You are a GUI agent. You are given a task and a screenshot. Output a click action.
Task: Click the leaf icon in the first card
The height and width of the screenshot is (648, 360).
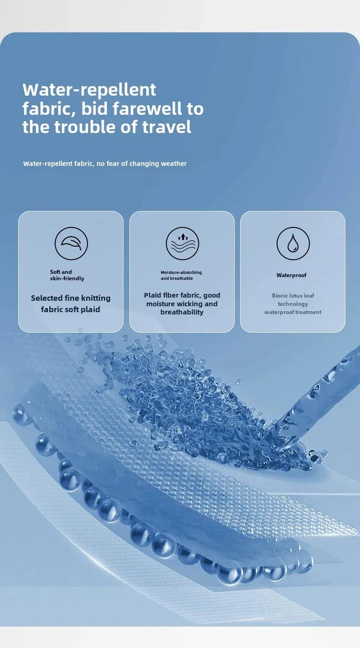tap(71, 243)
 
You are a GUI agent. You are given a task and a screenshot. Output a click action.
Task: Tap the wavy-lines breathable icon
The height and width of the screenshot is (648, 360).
tap(182, 243)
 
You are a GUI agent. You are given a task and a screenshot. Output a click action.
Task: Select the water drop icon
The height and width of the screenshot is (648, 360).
tap(293, 243)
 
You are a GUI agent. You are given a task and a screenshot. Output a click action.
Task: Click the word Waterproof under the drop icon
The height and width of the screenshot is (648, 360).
tap(291, 275)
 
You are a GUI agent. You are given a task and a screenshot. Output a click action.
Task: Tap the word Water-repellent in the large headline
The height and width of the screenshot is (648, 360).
tap(89, 90)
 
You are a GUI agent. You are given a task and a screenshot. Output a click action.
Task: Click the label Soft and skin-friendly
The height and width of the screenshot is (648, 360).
tap(67, 275)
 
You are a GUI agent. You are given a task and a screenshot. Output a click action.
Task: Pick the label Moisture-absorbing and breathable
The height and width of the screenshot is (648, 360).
tap(181, 275)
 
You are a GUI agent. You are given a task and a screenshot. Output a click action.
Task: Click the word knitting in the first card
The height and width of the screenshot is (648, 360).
tap(96, 298)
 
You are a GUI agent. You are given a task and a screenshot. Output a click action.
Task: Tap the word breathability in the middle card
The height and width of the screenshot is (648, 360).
tap(182, 312)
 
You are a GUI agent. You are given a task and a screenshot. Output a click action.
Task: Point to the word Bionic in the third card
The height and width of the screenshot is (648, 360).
tap(279, 295)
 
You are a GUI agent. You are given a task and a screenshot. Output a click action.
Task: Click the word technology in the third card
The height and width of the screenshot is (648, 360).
tap(293, 304)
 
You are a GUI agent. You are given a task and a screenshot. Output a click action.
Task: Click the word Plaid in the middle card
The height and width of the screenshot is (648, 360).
tap(152, 295)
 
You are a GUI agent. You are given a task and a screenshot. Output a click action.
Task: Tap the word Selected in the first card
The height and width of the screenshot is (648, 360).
tap(47, 298)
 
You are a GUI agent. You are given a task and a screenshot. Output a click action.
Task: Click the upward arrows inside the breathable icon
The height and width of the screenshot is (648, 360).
tap(183, 237)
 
